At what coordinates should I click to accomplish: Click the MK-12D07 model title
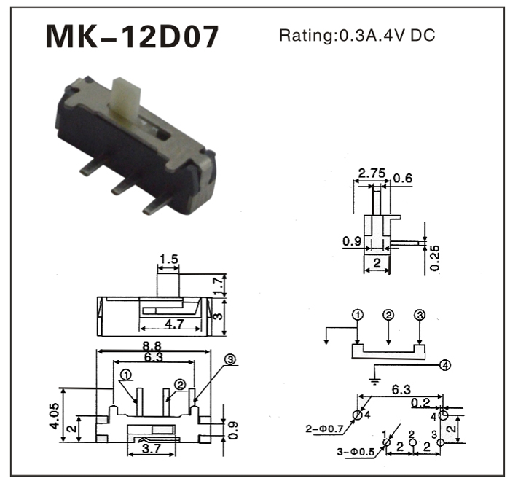pyautogui.click(x=132, y=36)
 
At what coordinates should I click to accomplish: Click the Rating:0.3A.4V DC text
pyautogui.click(x=357, y=35)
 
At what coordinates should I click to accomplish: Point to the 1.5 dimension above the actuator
pyautogui.click(x=168, y=259)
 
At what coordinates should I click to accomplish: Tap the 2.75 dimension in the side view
pyautogui.click(x=371, y=174)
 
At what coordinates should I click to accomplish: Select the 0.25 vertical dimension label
pyautogui.click(x=435, y=257)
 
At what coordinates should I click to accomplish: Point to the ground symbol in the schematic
pyautogui.click(x=374, y=378)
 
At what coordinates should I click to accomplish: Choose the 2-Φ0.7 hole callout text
pyautogui.click(x=328, y=429)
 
